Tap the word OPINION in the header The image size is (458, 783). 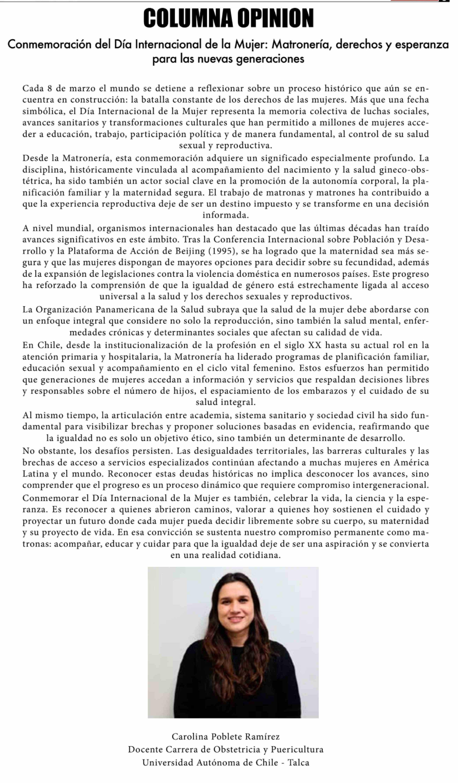pos(276,18)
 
